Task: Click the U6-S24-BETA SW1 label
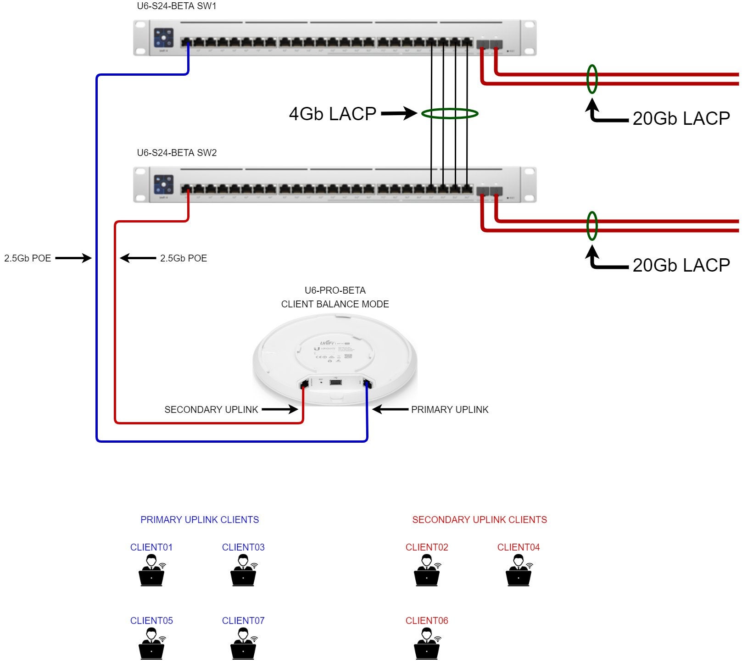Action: coord(177,6)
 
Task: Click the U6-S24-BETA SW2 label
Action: coord(177,153)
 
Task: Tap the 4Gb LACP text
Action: coord(332,114)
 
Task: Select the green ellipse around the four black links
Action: coord(450,114)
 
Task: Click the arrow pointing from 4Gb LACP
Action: coord(398,113)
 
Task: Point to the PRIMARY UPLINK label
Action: coord(449,410)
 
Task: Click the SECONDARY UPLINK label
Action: coord(211,410)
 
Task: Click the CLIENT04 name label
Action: coord(518,547)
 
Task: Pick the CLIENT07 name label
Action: coord(243,621)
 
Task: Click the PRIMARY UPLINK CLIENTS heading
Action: coord(200,520)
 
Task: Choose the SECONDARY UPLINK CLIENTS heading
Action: coord(479,520)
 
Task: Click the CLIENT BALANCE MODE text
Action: coord(335,304)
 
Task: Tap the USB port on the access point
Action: coord(335,382)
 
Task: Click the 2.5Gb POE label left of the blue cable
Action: coord(28,258)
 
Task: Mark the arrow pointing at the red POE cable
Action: coord(138,258)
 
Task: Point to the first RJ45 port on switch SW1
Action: coord(186,43)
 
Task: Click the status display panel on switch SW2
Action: coord(164,184)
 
